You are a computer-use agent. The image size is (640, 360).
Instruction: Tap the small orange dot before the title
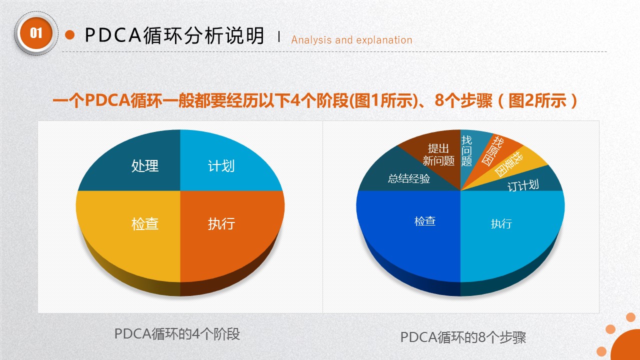[x=70, y=35]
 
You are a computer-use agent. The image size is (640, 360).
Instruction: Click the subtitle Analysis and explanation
[x=351, y=40]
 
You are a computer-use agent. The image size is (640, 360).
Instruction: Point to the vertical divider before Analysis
[x=278, y=36]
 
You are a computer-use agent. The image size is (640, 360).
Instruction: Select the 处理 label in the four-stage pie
[x=145, y=166]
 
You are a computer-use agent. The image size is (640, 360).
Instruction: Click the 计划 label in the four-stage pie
[x=221, y=166]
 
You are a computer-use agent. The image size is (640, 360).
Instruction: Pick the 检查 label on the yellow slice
[x=145, y=223]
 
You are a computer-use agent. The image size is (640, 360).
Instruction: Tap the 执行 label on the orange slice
[x=221, y=223]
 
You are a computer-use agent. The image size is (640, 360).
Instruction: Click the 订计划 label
[x=523, y=185]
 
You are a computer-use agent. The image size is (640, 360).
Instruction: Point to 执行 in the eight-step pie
[x=501, y=223]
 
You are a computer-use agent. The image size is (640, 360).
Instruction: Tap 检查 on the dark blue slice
[x=425, y=221]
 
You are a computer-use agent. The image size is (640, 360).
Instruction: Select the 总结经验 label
[x=409, y=178]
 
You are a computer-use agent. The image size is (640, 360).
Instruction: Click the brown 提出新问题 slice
[x=438, y=154]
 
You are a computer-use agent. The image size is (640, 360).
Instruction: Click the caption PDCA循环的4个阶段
[x=177, y=334]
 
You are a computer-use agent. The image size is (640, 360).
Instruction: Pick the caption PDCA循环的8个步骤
[x=463, y=337]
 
